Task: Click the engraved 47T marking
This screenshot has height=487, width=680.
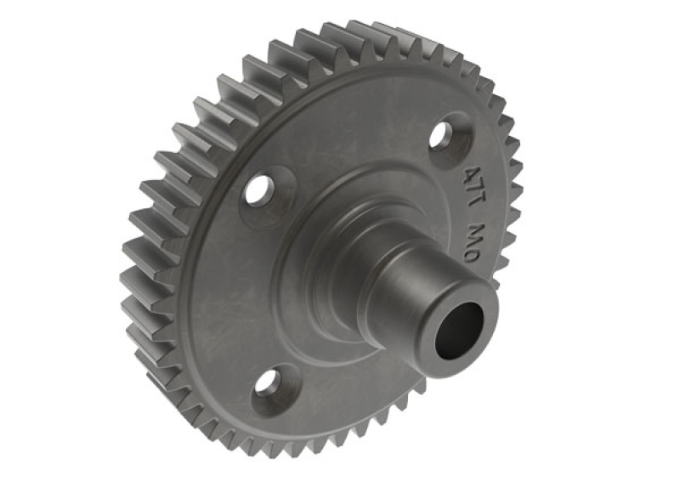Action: click(473, 181)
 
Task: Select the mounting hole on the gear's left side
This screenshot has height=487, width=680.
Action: click(258, 190)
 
